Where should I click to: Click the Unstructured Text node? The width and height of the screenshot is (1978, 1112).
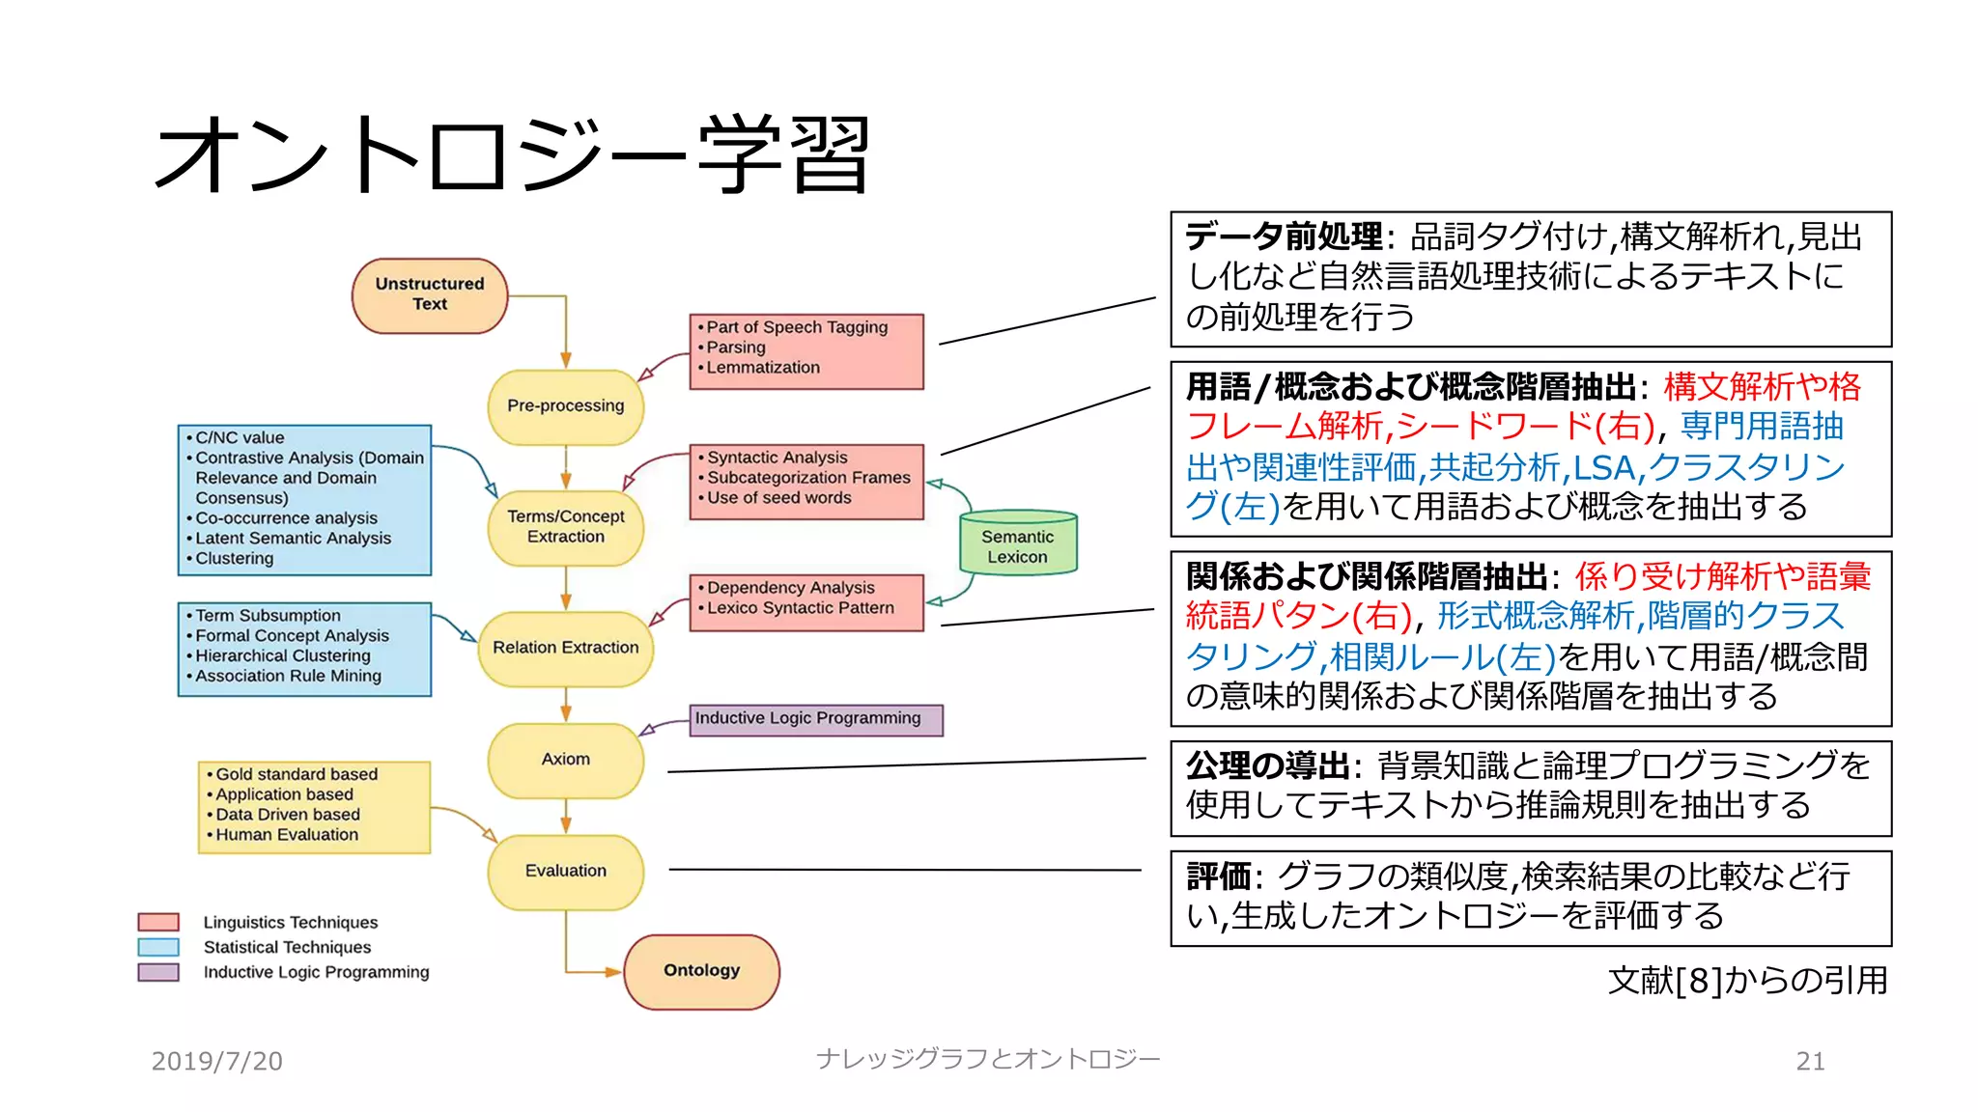click(x=430, y=294)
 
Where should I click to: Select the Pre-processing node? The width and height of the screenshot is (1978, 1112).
click(x=565, y=406)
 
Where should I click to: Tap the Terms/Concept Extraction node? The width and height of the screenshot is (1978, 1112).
click(x=565, y=527)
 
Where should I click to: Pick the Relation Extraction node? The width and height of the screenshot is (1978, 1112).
click(x=565, y=648)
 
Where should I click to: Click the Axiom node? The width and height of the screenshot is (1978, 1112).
click(x=565, y=760)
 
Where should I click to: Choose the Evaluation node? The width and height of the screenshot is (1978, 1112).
click(x=565, y=871)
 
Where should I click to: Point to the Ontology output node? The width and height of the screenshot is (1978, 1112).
click(x=701, y=971)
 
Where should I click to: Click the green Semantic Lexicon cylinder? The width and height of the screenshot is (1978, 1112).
click(x=1017, y=544)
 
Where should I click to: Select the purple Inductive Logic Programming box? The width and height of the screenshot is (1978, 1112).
click(x=815, y=719)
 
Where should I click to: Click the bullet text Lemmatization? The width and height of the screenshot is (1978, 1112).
click(x=762, y=368)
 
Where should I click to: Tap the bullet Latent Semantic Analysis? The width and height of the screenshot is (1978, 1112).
click(x=293, y=539)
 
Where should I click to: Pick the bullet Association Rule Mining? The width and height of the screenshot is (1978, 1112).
click(x=288, y=677)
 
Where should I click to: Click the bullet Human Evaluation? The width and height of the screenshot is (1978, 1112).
click(x=286, y=835)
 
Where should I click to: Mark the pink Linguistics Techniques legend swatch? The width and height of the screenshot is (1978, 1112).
click(x=158, y=922)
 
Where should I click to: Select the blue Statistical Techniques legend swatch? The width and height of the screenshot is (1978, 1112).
click(x=158, y=947)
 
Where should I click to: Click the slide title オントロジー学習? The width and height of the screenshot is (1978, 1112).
click(x=513, y=154)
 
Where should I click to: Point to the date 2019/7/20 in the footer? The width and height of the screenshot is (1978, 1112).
click(x=216, y=1061)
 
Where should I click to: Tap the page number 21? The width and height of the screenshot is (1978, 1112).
click(x=1810, y=1061)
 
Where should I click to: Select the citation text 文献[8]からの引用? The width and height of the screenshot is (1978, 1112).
click(x=1747, y=981)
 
